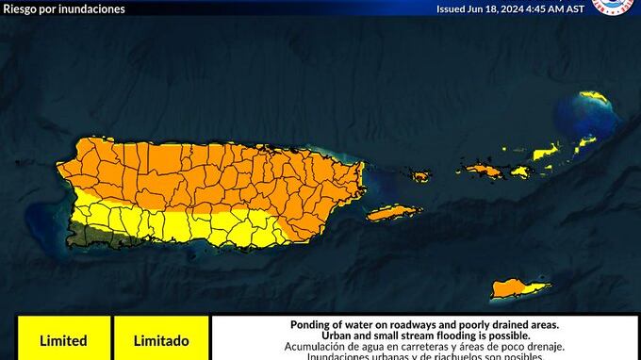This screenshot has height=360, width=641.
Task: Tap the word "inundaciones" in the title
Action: pyautogui.click(x=92, y=8)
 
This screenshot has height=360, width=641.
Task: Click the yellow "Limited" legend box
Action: pyautogui.click(x=63, y=340)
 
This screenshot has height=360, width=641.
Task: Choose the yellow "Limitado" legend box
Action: pyautogui.click(x=160, y=340)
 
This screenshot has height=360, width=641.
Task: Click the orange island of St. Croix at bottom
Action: pyautogui.click(x=519, y=286)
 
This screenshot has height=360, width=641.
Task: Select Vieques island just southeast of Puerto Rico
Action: pyautogui.click(x=394, y=213)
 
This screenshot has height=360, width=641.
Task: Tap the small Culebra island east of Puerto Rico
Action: pyautogui.click(x=419, y=176)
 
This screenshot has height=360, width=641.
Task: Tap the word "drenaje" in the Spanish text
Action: pyautogui.click(x=510, y=347)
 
